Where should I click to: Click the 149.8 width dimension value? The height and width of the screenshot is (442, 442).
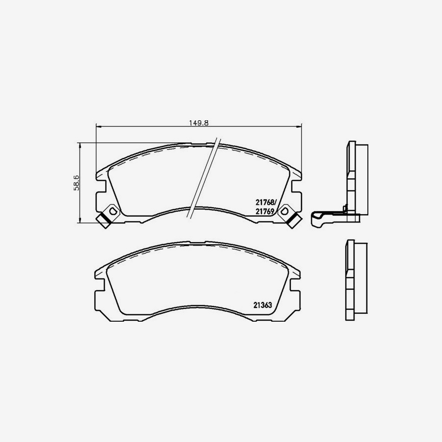pyautogui.click(x=199, y=123)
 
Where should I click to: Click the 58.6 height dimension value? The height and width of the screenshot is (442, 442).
pyautogui.click(x=77, y=182)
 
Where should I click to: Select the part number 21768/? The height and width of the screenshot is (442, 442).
pyautogui.click(x=266, y=201)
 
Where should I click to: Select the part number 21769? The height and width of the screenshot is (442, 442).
pyautogui.click(x=265, y=211)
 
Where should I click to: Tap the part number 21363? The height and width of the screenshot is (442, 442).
pyautogui.click(x=263, y=304)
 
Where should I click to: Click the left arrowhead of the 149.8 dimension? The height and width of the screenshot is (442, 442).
pyautogui.click(x=97, y=127)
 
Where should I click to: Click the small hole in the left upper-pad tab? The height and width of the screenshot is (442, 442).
pyautogui.click(x=112, y=211)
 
